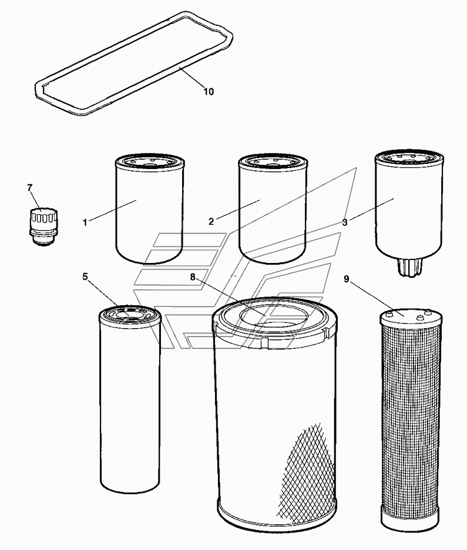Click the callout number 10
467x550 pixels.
coord(209,92)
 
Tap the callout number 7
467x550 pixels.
coord(30,188)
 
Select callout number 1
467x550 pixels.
coord(85,222)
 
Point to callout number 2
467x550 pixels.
coord(211,222)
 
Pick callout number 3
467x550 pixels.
coord(345,222)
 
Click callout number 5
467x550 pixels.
coord(85,276)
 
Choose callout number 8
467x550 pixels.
coord(193,277)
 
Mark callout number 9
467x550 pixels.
coord(347,279)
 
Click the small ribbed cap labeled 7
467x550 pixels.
coord(43,225)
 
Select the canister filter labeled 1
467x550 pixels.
coord(149,208)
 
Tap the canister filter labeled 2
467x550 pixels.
coord(273,208)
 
